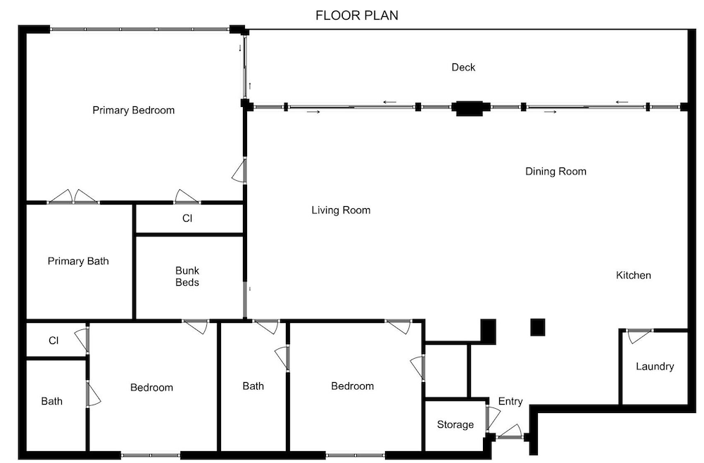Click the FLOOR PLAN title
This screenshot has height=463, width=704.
coord(356,15)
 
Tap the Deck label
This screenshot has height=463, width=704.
coord(463,68)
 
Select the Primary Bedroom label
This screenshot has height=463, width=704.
coord(133,110)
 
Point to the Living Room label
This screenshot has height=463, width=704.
coord(341,210)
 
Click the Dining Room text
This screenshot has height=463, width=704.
coord(556,172)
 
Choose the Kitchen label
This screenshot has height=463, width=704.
coord(634,275)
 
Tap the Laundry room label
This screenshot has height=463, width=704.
coord(655,367)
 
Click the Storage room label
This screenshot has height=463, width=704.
coord(455,424)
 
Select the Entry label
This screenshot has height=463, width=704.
coord(510,401)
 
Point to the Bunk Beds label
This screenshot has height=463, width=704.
coord(187,277)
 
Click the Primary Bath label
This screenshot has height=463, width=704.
coord(78,261)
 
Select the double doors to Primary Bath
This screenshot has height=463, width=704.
coord(73,198)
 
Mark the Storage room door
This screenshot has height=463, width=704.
coord(492,418)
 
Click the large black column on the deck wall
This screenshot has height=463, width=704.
coord(469,108)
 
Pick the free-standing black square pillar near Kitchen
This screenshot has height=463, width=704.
coord(537,327)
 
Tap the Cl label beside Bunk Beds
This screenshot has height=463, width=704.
coord(187,219)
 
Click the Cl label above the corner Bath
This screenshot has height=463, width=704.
coord(54,341)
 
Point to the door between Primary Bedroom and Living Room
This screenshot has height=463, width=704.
coord(240,170)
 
